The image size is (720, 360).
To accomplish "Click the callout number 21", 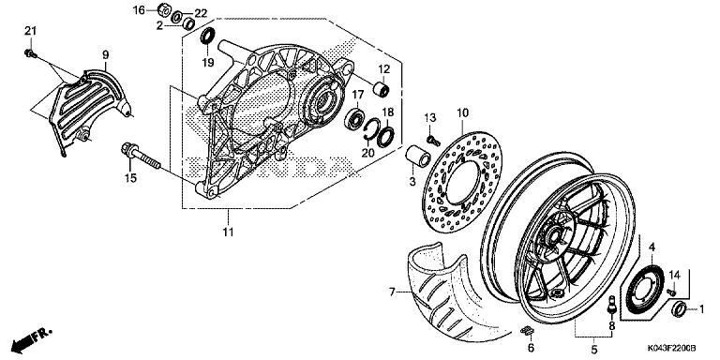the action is coord(30,31).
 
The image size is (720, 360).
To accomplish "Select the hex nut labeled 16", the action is coord(165,9).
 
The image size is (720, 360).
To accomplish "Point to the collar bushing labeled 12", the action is coord(382,89).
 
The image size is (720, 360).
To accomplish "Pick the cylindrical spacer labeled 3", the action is coord(417,157).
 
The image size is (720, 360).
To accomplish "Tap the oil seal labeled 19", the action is coord(208,36).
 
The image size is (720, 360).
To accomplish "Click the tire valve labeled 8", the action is coord(611,306).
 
